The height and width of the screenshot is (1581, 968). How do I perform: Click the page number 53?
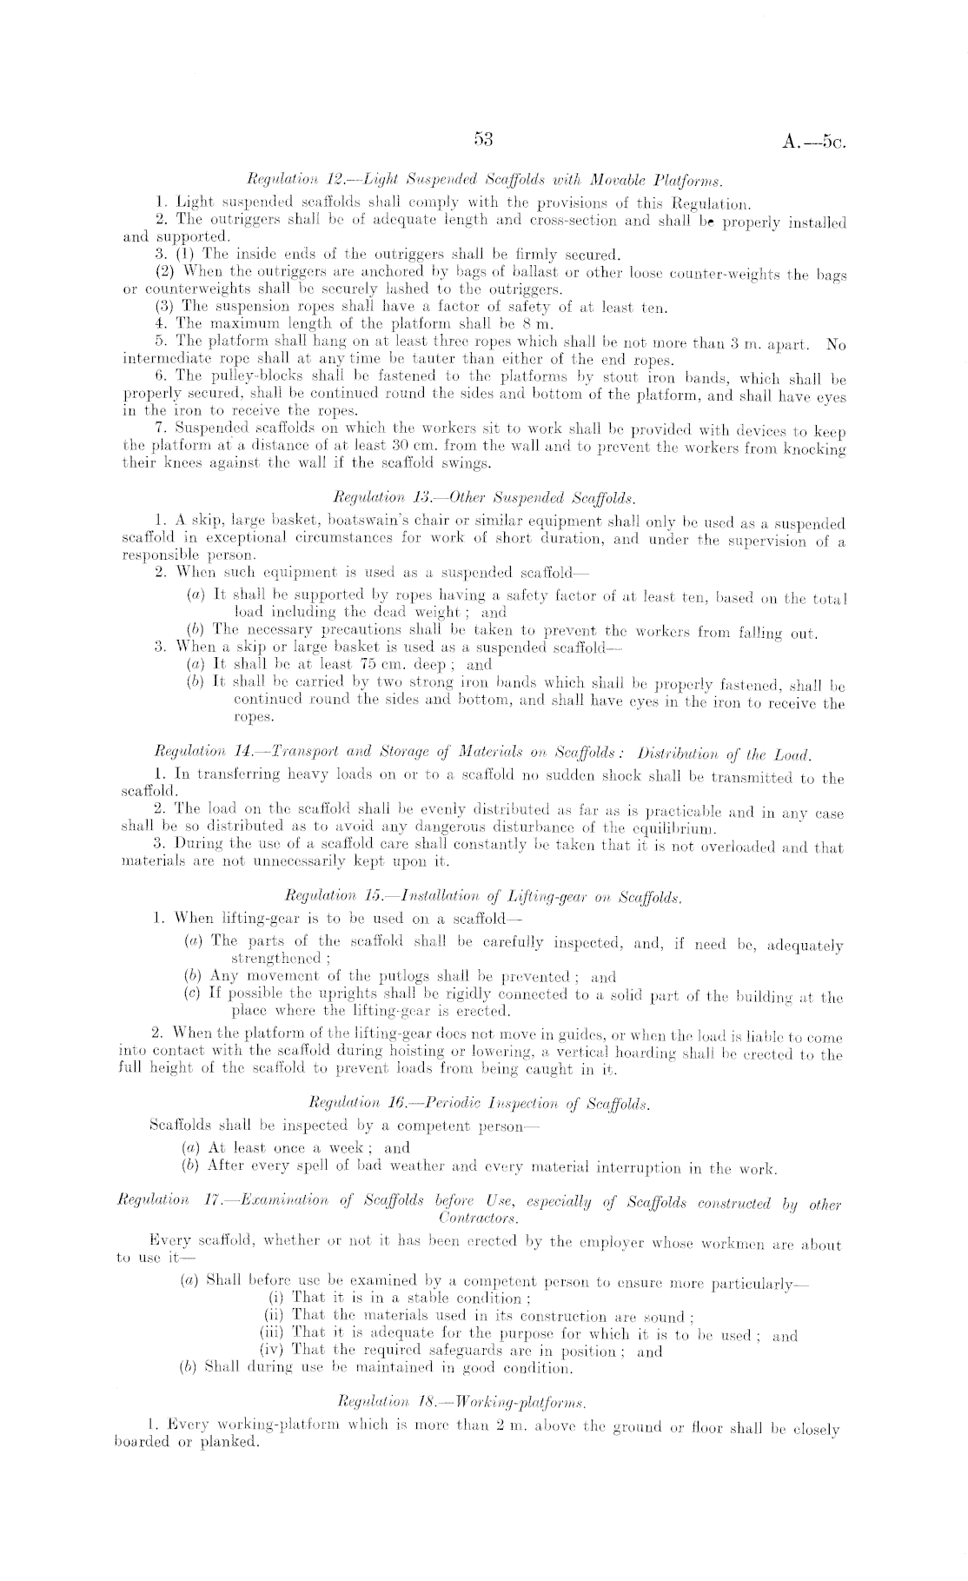[x=484, y=138]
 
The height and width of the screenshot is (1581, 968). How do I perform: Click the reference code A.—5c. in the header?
[x=813, y=142]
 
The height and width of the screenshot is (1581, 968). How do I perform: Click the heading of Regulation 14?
[x=481, y=753]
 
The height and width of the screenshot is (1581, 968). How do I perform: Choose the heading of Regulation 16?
[x=484, y=1104]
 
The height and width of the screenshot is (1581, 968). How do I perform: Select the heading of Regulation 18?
[x=484, y=1401]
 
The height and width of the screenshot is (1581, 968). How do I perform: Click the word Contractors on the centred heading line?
[x=479, y=1219]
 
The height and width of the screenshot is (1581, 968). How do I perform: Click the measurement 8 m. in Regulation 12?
[x=546, y=325]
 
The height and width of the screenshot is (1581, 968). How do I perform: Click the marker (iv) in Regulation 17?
[x=273, y=1350]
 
